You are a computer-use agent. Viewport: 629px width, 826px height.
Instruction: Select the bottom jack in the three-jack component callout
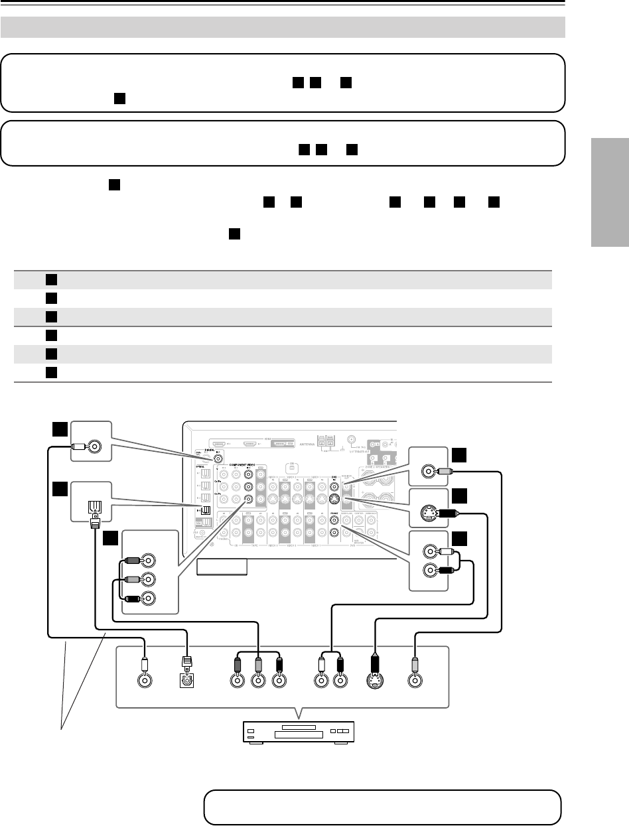click(x=152, y=598)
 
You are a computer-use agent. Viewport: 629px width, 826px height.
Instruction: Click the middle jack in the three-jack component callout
click(x=152, y=579)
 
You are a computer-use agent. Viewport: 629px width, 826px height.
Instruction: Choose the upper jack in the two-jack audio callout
click(x=432, y=550)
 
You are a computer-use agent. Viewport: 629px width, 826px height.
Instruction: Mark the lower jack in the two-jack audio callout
click(x=432, y=569)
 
